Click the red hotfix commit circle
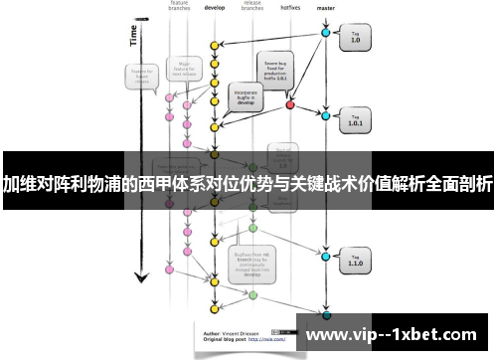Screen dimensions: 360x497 click(x=290, y=103)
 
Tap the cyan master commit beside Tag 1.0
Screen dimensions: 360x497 click(x=325, y=33)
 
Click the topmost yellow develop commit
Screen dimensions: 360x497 click(x=214, y=46)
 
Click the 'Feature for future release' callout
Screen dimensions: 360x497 click(x=139, y=77)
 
